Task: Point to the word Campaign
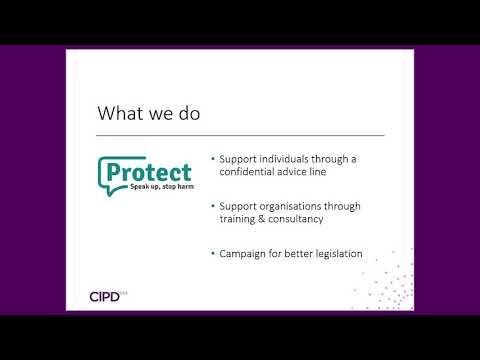[242, 254]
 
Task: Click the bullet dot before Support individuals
[213, 159]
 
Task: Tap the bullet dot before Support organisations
[213, 207]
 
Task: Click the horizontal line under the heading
[240, 134]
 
